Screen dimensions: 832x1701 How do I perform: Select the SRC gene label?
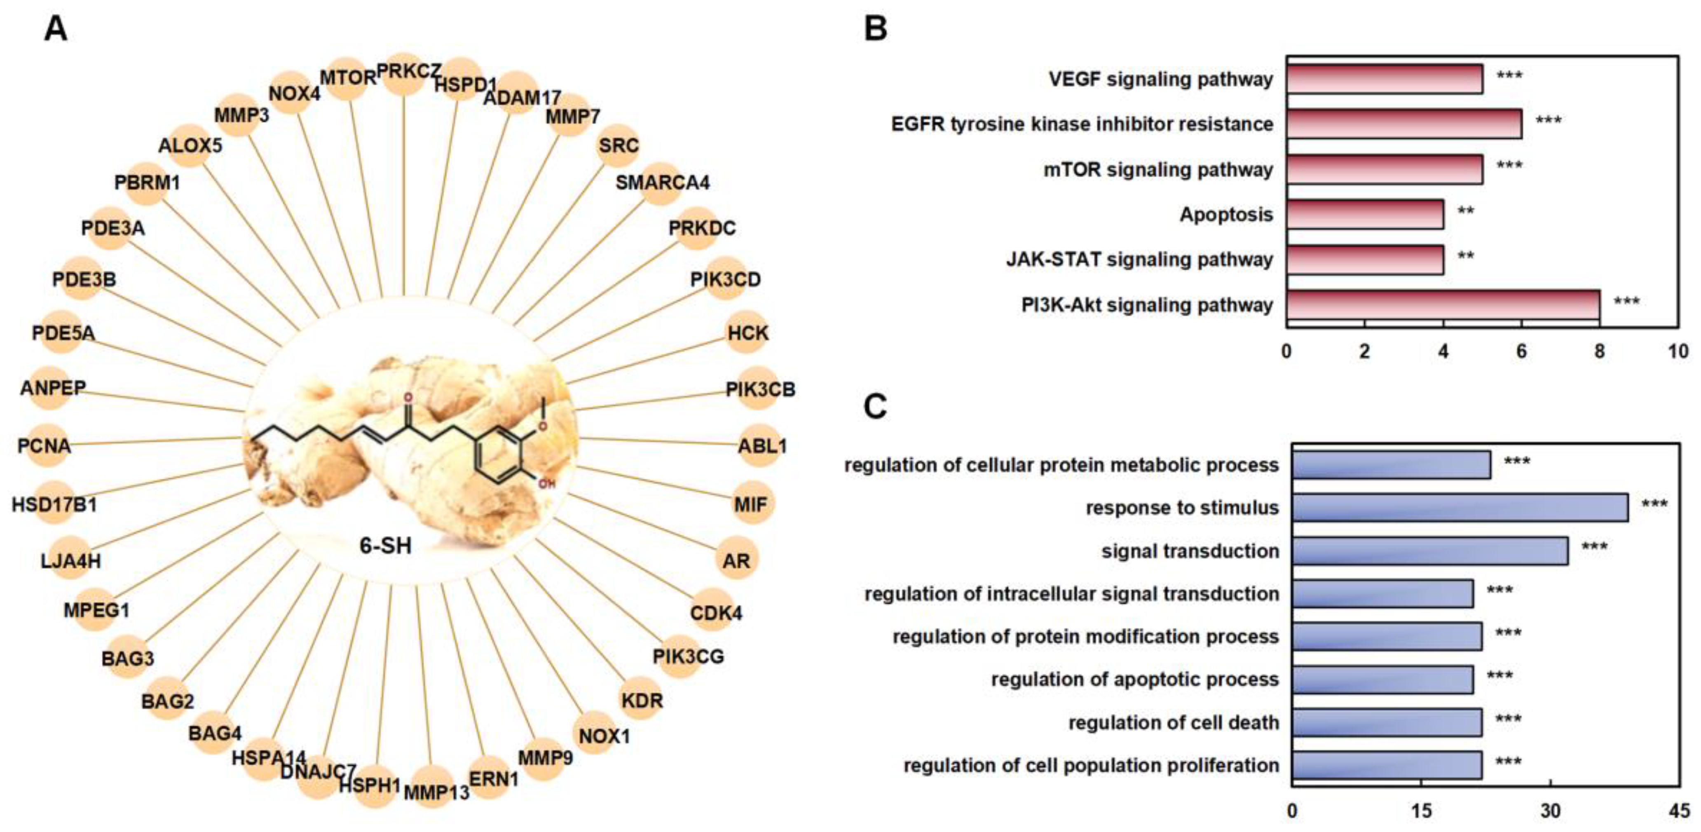click(619, 145)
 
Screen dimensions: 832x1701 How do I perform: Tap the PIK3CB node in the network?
click(760, 389)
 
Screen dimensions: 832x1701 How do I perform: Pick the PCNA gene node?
click(44, 446)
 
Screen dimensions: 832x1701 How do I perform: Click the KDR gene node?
click(641, 700)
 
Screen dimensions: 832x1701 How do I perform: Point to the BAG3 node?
click(127, 659)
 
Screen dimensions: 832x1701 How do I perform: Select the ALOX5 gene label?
click(190, 145)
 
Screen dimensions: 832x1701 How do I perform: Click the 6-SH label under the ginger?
click(386, 546)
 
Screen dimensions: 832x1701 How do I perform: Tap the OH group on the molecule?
click(547, 484)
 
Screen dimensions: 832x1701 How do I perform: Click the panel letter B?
click(876, 29)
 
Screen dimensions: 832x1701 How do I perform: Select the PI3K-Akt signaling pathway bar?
click(1443, 305)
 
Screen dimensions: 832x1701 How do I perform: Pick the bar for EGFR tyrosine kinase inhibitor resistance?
click(1404, 124)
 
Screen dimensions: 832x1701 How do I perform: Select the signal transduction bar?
click(1429, 551)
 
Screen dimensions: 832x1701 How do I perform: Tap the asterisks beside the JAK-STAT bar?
click(1466, 257)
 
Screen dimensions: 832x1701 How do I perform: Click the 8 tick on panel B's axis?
click(1599, 351)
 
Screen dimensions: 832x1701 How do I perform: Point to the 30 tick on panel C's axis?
click(1551, 811)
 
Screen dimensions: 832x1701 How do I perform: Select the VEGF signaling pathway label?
click(1160, 79)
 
